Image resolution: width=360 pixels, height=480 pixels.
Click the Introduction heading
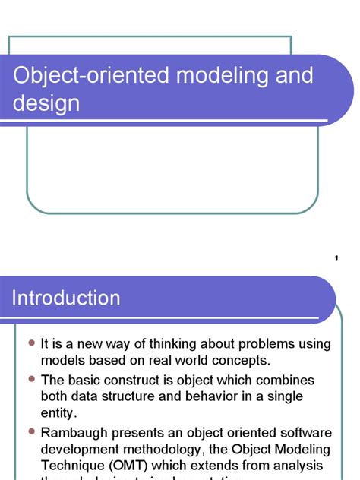tap(66, 298)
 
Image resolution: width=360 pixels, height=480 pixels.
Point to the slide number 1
tap(335, 259)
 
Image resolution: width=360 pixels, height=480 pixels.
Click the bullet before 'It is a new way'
tap(32, 344)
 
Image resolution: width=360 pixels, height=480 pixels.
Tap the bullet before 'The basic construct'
tap(32, 379)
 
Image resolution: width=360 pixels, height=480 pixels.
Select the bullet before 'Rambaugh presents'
tap(32, 431)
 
